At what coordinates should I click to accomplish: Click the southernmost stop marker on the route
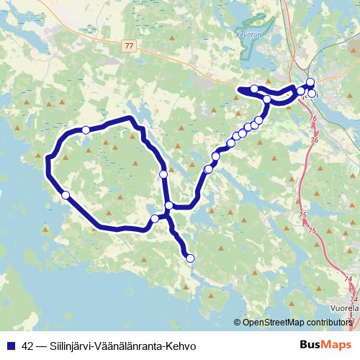click(x=190, y=258)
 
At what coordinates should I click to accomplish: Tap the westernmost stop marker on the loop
click(x=66, y=194)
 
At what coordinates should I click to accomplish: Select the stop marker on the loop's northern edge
click(x=86, y=130)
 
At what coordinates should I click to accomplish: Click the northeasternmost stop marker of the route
click(x=310, y=82)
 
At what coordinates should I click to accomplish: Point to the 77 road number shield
click(x=129, y=45)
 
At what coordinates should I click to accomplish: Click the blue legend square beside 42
click(x=11, y=344)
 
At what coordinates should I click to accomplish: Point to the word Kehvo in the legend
click(x=182, y=344)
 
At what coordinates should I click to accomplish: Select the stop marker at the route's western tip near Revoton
click(x=254, y=89)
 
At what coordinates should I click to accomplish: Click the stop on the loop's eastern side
click(x=163, y=174)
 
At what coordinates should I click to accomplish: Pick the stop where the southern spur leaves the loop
click(x=168, y=206)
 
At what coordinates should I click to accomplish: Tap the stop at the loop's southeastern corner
click(x=155, y=218)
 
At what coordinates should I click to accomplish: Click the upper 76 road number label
click(x=312, y=117)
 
